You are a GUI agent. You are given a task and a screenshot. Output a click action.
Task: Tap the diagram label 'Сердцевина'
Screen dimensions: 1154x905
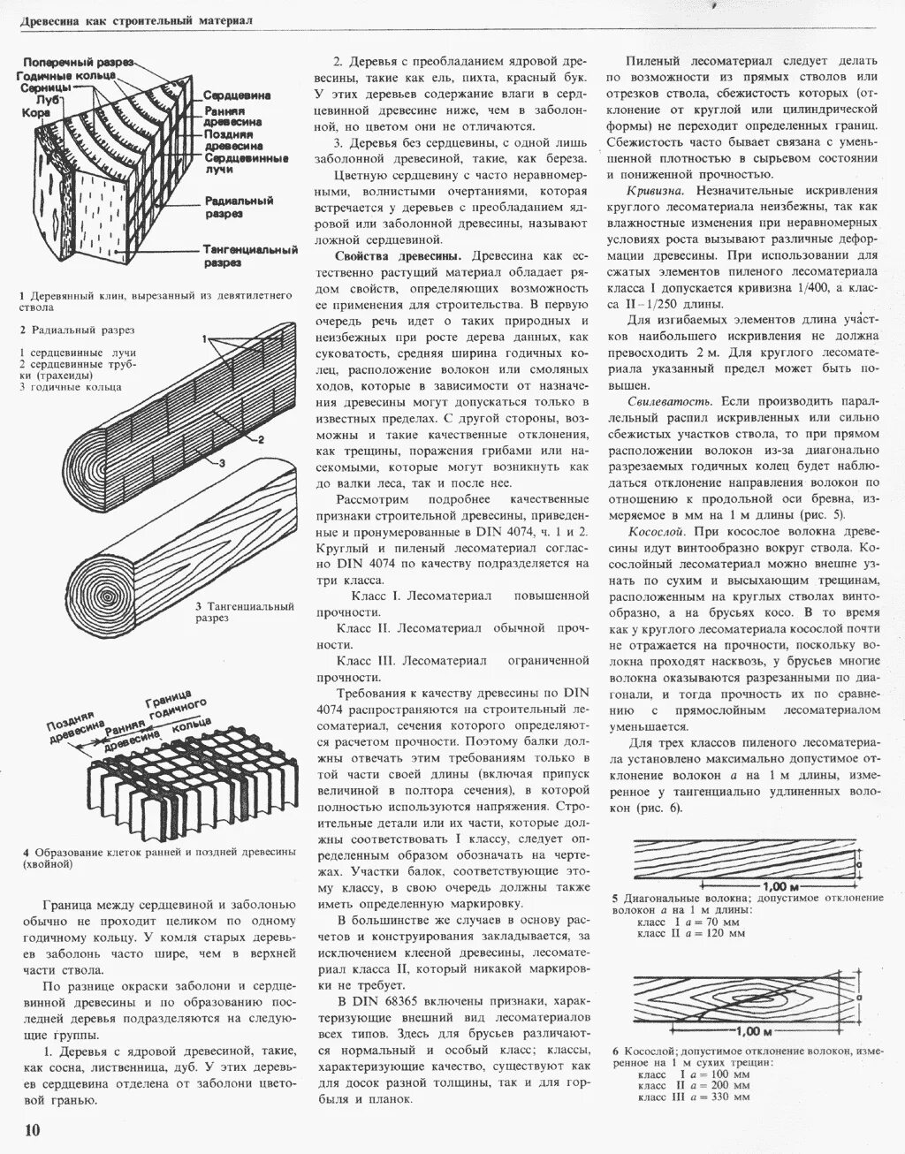tap(237, 95)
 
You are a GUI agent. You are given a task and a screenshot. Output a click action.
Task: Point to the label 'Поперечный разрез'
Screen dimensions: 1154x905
tap(78, 63)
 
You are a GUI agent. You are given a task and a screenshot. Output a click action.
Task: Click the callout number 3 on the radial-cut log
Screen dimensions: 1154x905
tap(222, 462)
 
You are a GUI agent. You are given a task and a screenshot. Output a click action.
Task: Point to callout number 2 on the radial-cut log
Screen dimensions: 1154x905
tap(262, 439)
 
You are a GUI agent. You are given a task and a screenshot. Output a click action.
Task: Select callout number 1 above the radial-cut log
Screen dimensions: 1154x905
tap(204, 339)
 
